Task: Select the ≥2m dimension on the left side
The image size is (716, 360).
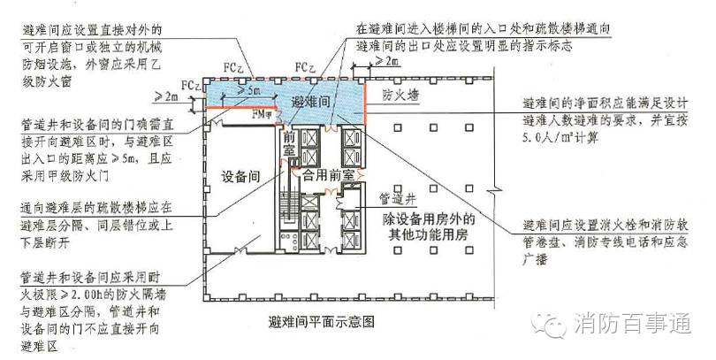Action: (167, 95)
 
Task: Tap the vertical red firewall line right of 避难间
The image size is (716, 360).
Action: (364, 105)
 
